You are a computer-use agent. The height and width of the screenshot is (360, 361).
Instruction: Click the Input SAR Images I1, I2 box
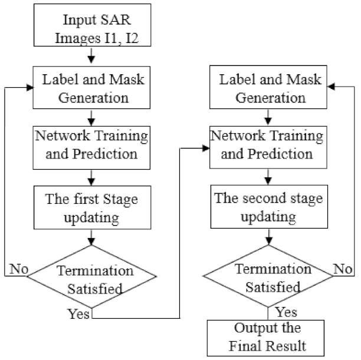[x=91, y=27]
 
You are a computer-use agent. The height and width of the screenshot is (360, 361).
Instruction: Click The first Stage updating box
[x=92, y=207]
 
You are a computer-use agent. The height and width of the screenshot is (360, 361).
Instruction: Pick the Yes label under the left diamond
[x=78, y=313]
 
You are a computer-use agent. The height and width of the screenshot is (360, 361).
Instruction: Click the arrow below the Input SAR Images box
[x=92, y=57]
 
